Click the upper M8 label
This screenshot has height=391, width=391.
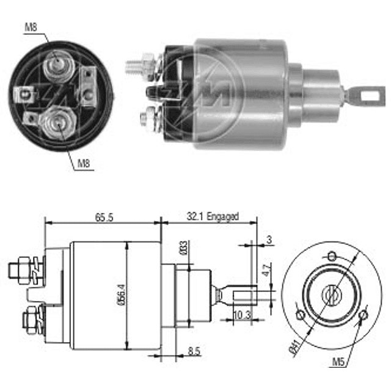coord(31,27)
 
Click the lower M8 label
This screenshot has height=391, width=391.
coord(84,164)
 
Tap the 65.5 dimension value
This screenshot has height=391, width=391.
coord(104,217)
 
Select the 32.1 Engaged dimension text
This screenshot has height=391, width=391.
coord(213,216)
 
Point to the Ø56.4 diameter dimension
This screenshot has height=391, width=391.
coord(122,295)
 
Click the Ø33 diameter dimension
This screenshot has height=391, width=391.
coord(183,248)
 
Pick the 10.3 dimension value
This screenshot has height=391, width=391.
coord(242,315)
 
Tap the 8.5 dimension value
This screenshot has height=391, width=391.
coord(194,351)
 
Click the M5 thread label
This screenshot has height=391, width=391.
coord(338,362)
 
